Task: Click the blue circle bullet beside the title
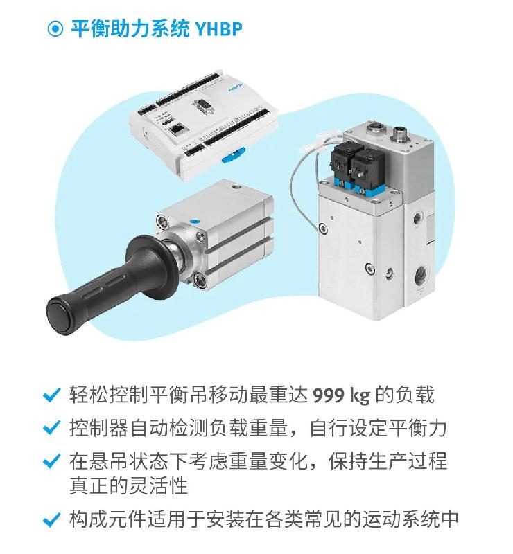point(55,28)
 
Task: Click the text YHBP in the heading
point(218,28)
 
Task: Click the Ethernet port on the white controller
point(177,129)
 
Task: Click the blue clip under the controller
point(233,155)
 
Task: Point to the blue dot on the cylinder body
point(194,222)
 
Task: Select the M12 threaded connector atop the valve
point(401,134)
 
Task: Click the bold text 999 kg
point(341,395)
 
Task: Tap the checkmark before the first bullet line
point(52,395)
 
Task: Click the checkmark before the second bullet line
point(52,427)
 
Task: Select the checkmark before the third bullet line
point(52,461)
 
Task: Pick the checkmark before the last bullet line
point(52,519)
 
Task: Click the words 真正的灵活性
point(128,485)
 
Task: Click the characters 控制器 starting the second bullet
point(98,428)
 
